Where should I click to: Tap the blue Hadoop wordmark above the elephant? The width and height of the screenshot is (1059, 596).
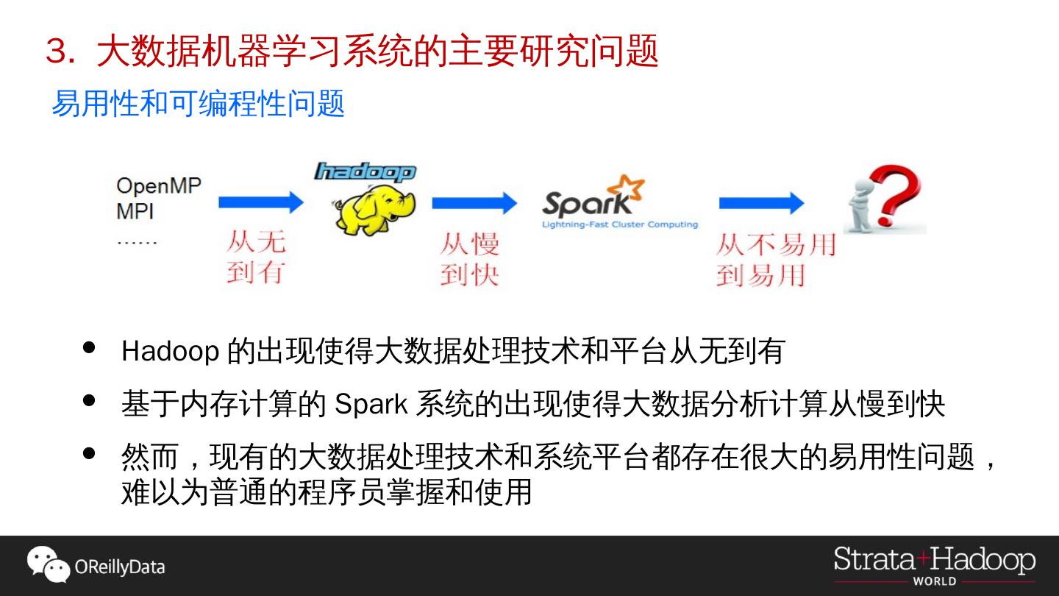(366, 172)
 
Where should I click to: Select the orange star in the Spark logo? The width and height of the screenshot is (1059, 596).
(631, 188)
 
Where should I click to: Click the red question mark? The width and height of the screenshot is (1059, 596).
(894, 195)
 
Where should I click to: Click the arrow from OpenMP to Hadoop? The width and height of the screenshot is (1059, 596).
(261, 202)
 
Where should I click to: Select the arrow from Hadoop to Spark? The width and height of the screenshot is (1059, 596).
(474, 202)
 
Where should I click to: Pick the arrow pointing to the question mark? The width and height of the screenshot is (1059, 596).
(761, 202)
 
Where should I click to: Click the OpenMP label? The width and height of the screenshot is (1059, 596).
(158, 185)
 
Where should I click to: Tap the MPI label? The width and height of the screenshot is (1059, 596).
(135, 212)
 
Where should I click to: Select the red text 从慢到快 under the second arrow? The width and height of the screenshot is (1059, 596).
(469, 259)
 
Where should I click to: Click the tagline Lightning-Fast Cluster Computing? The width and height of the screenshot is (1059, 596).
(619, 224)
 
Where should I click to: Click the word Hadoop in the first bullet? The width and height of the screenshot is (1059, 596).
(170, 352)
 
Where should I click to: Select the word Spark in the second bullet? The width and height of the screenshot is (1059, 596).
(371, 405)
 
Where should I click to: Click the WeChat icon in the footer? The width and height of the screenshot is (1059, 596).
(48, 564)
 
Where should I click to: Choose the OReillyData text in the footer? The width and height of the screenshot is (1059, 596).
(119, 567)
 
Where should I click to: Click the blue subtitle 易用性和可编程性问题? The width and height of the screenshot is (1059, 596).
(198, 104)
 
